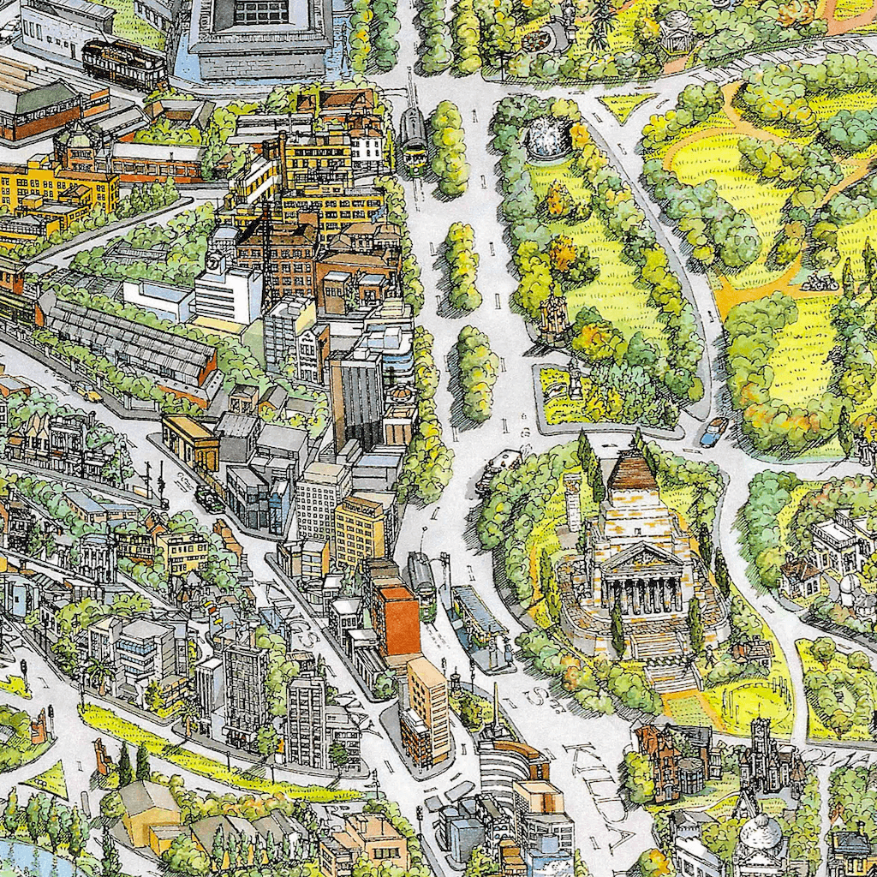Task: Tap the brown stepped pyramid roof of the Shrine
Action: [x=635, y=476]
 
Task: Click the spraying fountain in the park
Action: [x=549, y=138]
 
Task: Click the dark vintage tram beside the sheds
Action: [x=124, y=64]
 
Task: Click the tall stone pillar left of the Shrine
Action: [x=573, y=502]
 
